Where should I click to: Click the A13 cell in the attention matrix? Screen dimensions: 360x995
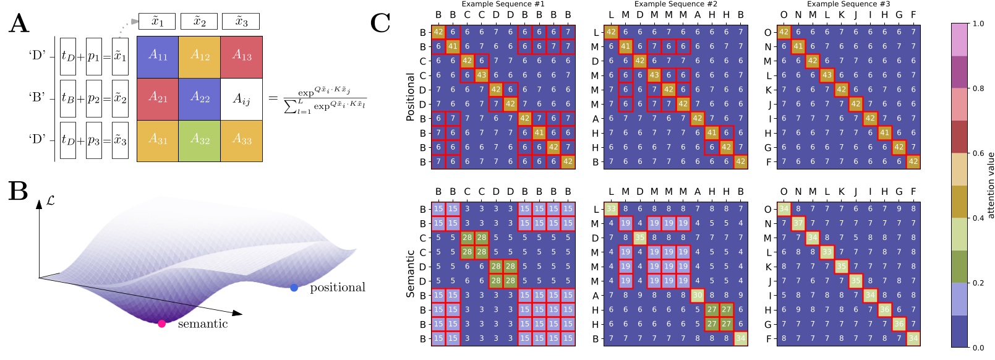pos(242,56)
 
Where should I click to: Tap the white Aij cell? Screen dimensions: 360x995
pos(242,98)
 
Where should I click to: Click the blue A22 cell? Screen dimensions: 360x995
pos(199,98)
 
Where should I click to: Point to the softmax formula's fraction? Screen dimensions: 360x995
pos(324,98)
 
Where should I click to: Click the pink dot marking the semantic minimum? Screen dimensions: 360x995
pos(161,324)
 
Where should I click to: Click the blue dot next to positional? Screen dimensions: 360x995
pos(294,288)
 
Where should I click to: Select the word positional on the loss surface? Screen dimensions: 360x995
pos(337,288)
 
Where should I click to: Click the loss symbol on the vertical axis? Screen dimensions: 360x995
pos(50,201)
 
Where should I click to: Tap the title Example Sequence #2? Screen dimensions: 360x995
pos(675,4)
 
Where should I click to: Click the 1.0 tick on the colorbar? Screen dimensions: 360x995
pos(978,24)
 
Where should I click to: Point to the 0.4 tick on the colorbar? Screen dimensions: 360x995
pos(978,218)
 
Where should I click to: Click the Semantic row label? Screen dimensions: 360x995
pos(410,273)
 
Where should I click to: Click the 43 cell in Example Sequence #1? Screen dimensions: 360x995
pos(482,75)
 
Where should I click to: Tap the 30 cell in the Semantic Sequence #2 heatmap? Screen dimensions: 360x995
pos(697,295)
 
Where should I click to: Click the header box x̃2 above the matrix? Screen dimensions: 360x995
pos(199,22)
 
